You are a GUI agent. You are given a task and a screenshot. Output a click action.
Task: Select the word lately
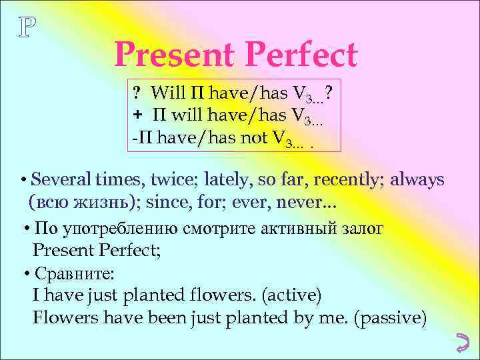229,180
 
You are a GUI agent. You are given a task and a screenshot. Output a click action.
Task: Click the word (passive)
391,318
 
